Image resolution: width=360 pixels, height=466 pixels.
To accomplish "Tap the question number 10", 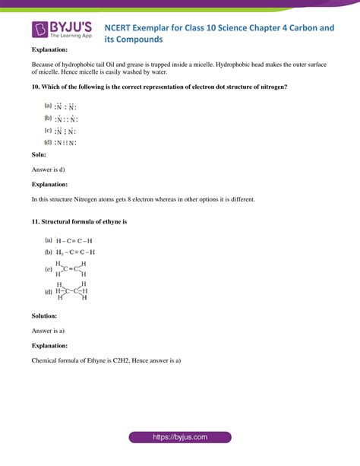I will coord(36,87).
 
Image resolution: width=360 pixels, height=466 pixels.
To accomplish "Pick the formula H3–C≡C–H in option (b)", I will coord(75,252).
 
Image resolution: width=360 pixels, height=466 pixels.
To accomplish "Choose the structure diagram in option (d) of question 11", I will coord(72,290).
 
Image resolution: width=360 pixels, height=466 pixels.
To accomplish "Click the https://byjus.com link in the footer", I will coord(180,439).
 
